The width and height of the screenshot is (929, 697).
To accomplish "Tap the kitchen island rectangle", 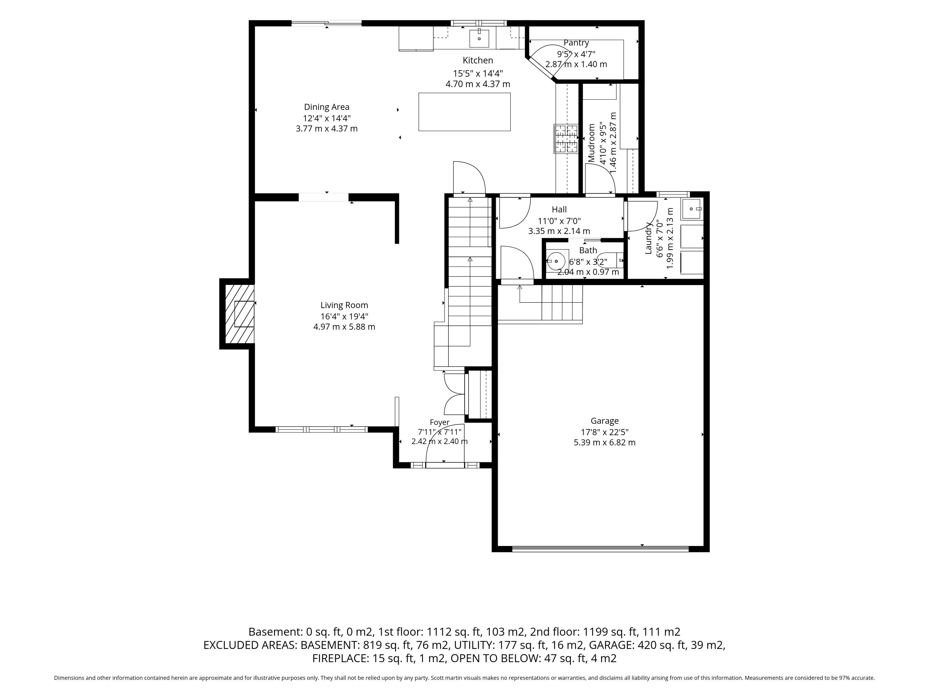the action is pos(464,112).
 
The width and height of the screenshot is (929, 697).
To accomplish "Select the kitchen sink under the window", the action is pos(479,38).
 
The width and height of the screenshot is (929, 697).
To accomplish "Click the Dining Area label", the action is pos(327,107).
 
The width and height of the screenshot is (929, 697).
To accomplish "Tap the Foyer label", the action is pos(440,422).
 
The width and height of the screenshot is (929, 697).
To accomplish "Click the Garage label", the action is pos(605,421).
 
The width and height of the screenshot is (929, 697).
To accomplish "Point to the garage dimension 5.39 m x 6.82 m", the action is pos(605,442).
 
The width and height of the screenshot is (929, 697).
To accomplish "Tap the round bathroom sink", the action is pos(556,261).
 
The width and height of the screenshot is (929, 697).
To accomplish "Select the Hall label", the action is pos(559,209).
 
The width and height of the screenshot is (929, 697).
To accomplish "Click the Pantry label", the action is pos(576,43).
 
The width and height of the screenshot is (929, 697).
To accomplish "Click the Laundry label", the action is pos(648,238).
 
